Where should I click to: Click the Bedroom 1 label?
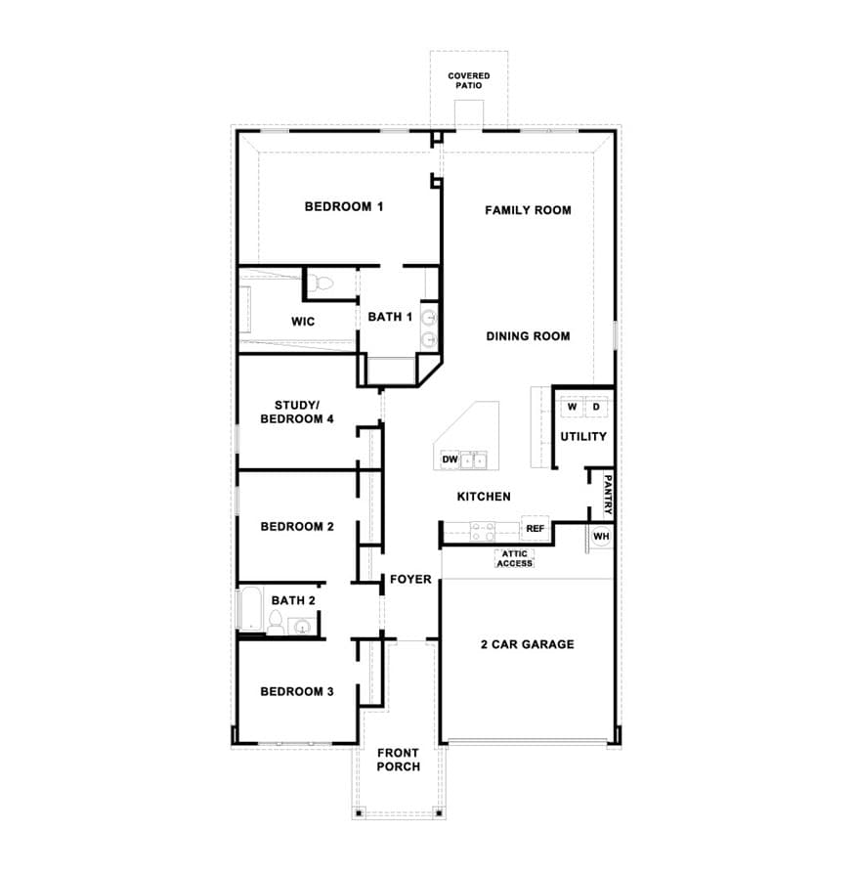[344, 207]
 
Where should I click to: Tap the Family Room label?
[528, 210]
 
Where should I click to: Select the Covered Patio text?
[469, 80]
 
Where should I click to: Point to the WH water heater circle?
[601, 537]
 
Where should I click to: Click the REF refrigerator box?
[535, 529]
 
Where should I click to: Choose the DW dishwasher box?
[450, 459]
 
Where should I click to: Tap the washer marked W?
[573, 407]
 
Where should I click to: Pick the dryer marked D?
[596, 407]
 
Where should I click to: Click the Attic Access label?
[514, 558]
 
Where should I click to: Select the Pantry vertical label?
[608, 495]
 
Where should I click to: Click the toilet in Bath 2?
[276, 622]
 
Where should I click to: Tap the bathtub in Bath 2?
[249, 609]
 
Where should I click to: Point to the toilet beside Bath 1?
[321, 284]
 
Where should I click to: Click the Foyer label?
[410, 580]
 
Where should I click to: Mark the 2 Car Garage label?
[527, 644]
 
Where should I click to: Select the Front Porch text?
[399, 760]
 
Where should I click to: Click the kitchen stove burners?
[483, 531]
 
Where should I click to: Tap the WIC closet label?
[303, 322]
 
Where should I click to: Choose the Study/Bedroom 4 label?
[297, 413]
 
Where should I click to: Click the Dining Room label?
[528, 336]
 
